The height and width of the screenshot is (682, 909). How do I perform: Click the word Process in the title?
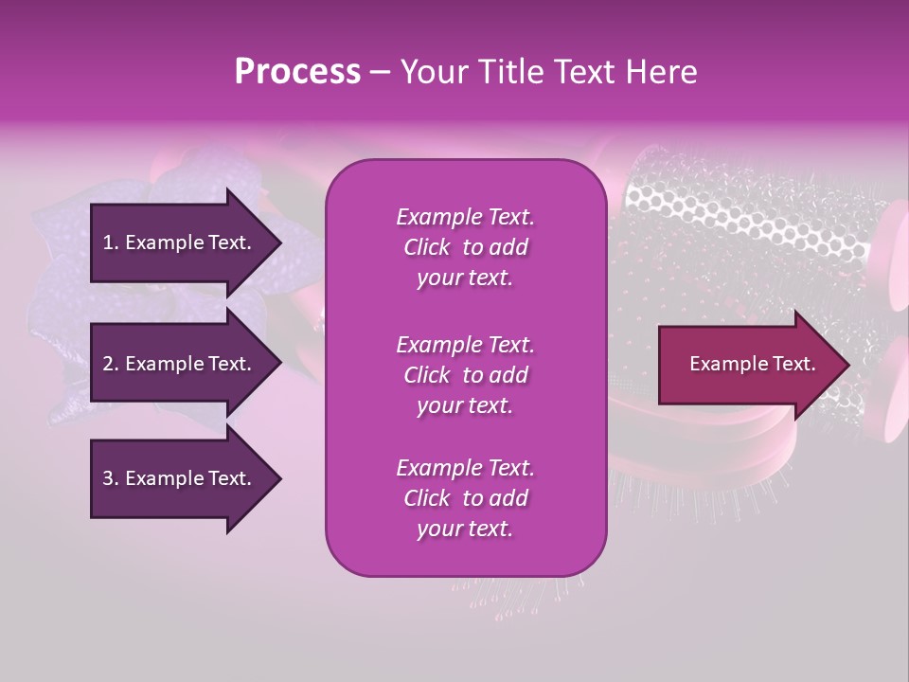tap(297, 72)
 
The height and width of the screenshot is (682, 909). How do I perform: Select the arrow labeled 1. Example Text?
tap(180, 242)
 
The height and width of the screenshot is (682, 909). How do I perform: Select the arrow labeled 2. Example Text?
tap(180, 364)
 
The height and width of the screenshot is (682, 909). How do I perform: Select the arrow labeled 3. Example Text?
tap(180, 478)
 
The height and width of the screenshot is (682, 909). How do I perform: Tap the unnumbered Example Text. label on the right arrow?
tap(753, 365)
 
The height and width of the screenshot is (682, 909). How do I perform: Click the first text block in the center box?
tap(465, 247)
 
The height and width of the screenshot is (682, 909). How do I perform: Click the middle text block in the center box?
tap(465, 375)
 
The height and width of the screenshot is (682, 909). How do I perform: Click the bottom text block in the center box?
tap(465, 498)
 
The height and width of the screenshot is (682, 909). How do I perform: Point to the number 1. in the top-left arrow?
tap(111, 242)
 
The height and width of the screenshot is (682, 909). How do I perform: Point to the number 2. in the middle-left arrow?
tap(111, 364)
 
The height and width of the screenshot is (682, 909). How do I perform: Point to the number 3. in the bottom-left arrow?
tap(111, 478)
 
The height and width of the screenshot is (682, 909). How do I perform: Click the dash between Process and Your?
tap(380, 72)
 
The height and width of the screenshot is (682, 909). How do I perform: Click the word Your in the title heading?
tap(431, 72)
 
